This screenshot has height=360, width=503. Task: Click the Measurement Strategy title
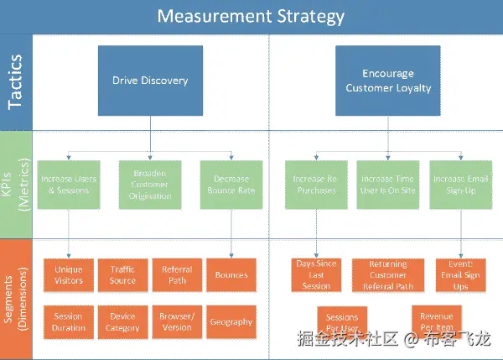[251, 16]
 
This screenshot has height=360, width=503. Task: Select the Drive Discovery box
[150, 81]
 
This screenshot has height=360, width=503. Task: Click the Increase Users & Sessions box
[69, 185]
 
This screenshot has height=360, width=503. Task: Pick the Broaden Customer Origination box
[150, 185]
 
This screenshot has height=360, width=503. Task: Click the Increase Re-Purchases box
[314, 185]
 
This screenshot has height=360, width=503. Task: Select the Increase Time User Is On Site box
[388, 185]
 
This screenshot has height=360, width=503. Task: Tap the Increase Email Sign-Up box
[460, 185]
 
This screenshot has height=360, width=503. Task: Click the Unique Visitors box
[69, 275]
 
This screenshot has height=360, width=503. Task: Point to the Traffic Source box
[122, 275]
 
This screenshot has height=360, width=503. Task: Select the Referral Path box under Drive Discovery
[177, 275]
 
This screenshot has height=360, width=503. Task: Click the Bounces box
[231, 275]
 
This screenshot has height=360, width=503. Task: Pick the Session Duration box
[69, 322]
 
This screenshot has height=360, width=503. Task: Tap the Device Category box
[122, 322]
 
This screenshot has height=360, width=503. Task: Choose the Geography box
[231, 322]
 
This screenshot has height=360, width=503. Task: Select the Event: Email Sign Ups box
[460, 275]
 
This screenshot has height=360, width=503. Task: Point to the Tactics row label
[15, 81]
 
